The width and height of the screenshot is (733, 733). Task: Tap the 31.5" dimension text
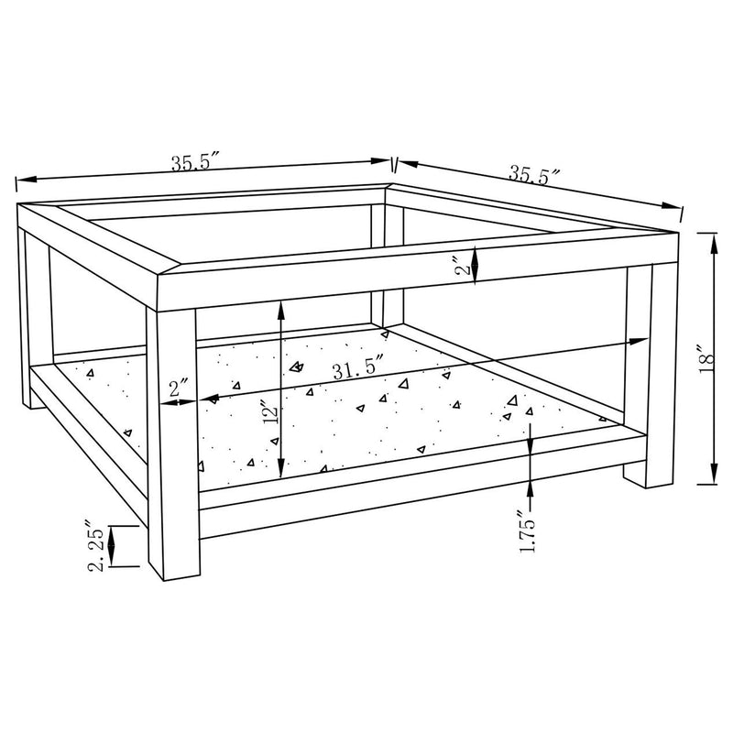pyautogui.click(x=358, y=371)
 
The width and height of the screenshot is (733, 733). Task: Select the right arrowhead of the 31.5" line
pyautogui.click(x=641, y=341)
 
